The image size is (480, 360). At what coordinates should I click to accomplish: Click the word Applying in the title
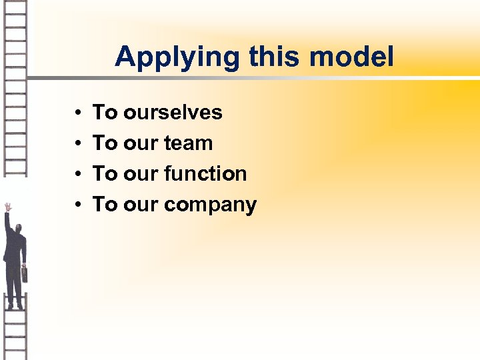click(177, 58)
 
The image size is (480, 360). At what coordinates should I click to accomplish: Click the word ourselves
click(173, 112)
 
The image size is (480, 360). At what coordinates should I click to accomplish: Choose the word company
click(209, 205)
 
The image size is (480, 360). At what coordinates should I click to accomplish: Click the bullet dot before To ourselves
click(78, 113)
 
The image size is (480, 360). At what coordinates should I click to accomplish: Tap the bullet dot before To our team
click(78, 143)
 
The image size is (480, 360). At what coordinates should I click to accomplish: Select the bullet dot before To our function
click(78, 174)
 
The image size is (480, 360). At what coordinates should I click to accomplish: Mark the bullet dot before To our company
click(78, 205)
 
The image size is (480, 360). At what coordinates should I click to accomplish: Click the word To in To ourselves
click(105, 112)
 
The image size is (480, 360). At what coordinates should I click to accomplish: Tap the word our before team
click(135, 143)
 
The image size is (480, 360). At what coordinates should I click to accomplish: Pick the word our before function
click(135, 174)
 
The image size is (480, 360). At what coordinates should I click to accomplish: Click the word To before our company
click(105, 205)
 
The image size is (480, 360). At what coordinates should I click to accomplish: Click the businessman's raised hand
click(7, 207)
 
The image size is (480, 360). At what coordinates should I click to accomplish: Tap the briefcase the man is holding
click(25, 273)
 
